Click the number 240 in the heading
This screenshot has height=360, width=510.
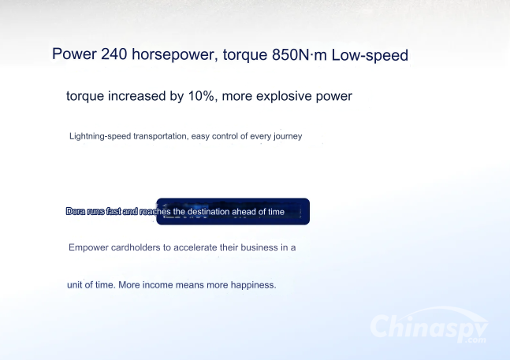[114, 54]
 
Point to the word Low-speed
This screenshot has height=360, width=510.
[370, 55]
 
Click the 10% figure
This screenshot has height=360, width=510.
[201, 96]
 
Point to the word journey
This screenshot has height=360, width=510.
[288, 136]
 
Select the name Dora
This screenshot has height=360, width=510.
[76, 212]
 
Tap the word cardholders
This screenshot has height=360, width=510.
[136, 247]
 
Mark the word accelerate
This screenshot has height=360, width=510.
[195, 247]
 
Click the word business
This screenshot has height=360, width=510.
[259, 247]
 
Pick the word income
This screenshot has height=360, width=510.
[158, 285]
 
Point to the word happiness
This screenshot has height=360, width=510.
[253, 285]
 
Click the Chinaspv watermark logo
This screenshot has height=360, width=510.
[429, 327]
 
